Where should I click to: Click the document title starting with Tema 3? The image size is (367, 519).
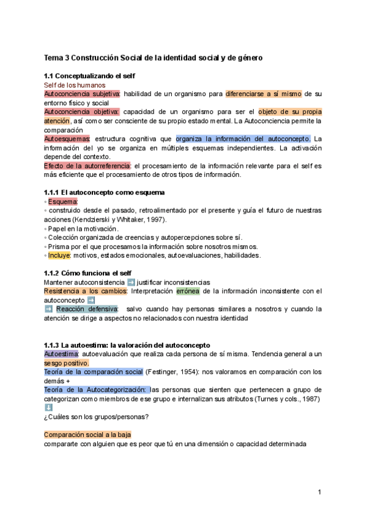pos(153,58)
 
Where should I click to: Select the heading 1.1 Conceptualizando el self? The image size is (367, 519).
pos(89,76)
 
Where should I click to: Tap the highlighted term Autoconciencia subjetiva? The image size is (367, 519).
pos(81,94)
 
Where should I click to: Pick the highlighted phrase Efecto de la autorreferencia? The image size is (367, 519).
pos(87,166)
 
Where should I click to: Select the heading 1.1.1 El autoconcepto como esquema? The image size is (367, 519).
pos(104,193)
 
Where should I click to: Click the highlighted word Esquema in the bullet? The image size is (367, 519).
pos(63,202)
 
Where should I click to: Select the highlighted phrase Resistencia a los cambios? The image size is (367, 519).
pos(85,291)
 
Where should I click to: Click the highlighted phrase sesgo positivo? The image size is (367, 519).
pos(66,363)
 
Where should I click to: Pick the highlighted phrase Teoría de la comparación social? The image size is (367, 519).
pos(93,372)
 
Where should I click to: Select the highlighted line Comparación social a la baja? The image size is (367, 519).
pos(87,435)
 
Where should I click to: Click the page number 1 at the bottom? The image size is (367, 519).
pos(319,491)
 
